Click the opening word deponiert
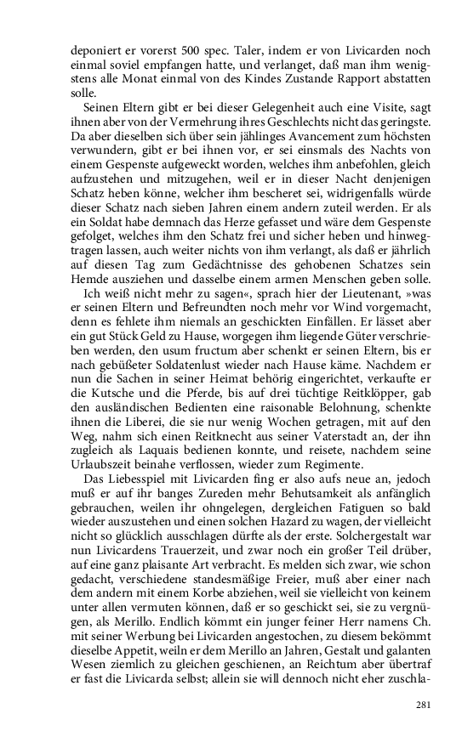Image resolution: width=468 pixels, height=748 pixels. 94,48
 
